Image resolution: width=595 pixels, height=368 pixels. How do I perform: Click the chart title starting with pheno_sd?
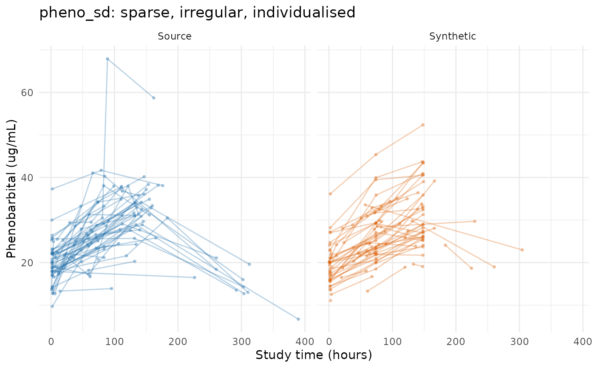[x=197, y=12]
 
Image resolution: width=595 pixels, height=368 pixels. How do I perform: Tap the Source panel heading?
[x=175, y=36]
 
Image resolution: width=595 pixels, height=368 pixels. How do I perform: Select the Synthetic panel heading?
[x=453, y=36]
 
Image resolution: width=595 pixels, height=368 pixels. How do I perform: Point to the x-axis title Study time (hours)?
[x=314, y=355]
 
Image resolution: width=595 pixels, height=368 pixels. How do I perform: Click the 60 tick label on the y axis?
[x=27, y=93]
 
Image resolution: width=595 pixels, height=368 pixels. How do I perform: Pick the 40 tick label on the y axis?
[x=27, y=178]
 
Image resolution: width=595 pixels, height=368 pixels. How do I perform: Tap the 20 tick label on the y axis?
[x=27, y=263]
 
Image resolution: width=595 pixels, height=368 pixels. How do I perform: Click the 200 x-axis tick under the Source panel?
[x=178, y=342]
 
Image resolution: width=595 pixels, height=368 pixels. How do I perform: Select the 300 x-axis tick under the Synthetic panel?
[x=519, y=342]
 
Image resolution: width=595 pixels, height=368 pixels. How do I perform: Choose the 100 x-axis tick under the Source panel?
[x=114, y=342]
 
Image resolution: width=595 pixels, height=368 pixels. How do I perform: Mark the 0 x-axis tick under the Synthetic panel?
[x=329, y=342]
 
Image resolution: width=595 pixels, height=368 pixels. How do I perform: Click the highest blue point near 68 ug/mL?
[x=107, y=59]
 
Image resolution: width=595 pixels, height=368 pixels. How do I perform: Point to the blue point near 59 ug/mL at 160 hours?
[x=153, y=98]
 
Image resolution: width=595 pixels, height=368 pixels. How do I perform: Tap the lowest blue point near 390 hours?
[x=298, y=319]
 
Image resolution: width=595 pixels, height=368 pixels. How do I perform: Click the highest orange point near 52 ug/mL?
[x=423, y=125]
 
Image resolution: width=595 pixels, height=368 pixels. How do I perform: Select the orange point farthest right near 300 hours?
[x=522, y=250]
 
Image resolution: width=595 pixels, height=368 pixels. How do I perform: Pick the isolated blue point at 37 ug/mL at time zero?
[x=52, y=189]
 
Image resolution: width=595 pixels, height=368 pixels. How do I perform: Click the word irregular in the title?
[x=211, y=13]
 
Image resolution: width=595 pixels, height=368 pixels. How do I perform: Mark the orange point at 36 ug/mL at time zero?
[x=330, y=194]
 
